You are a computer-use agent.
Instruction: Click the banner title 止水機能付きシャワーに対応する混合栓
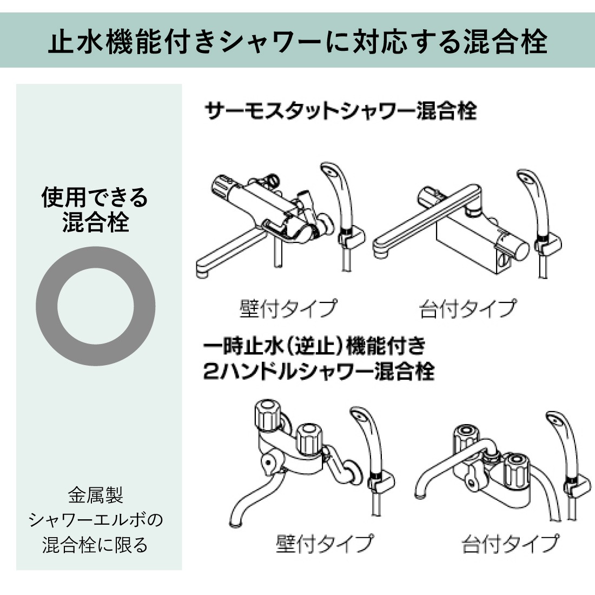click(298, 41)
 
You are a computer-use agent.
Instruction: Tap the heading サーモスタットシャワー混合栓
click(340, 111)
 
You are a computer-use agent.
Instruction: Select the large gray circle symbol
click(95, 306)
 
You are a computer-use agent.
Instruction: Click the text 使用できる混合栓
click(95, 209)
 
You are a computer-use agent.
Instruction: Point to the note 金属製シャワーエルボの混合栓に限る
click(95, 520)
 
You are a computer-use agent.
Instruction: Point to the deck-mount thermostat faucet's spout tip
click(380, 252)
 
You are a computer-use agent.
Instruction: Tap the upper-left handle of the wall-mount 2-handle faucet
click(267, 415)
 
